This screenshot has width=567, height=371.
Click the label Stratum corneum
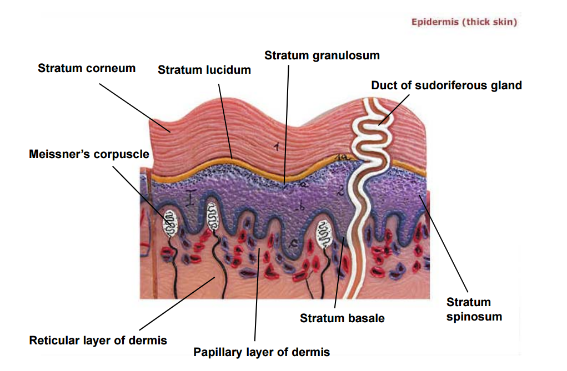click(x=87, y=68)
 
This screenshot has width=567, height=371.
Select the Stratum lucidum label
click(x=204, y=70)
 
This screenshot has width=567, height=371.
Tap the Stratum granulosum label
click(x=322, y=55)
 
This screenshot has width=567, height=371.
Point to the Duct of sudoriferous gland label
click(x=446, y=85)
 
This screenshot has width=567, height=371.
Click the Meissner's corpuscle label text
click(x=89, y=154)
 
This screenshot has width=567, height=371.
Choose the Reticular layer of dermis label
click(x=98, y=340)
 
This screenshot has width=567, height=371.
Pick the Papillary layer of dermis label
click(x=262, y=352)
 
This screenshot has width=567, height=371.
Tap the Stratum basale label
click(x=342, y=318)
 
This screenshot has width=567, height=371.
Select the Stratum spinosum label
click(x=474, y=309)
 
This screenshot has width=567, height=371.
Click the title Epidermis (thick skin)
click(x=464, y=22)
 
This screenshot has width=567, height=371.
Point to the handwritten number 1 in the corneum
click(x=275, y=147)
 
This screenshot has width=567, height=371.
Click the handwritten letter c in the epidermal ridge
click(x=295, y=243)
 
